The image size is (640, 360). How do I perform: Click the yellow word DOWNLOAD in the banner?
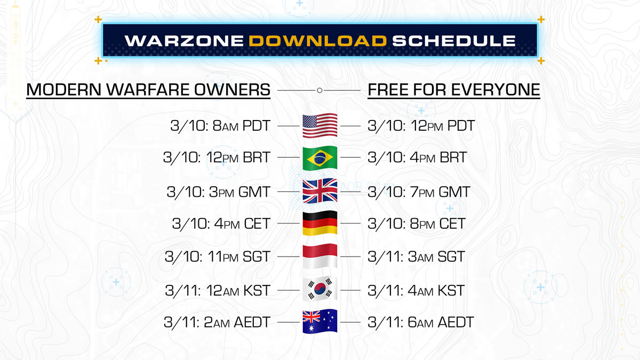tap(318, 41)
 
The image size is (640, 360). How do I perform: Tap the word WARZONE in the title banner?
tap(185, 41)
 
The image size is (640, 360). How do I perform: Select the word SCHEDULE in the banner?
tap(454, 41)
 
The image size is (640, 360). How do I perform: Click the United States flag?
tap(320, 126)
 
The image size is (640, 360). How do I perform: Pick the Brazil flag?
tap(320, 158)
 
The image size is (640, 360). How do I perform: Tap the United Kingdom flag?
tap(320, 191)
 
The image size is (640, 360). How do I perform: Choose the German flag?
tap(320, 223)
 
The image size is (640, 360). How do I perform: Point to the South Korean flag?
tap(320, 289)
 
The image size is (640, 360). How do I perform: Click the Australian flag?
tap(320, 322)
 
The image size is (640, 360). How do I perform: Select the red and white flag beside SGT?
tap(320, 257)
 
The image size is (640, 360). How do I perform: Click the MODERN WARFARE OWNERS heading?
tap(148, 90)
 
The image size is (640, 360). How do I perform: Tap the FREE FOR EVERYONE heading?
tap(454, 90)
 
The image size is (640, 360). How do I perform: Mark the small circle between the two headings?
tap(319, 90)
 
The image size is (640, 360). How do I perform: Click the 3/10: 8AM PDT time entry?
tap(220, 126)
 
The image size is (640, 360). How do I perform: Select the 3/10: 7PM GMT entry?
tap(419, 192)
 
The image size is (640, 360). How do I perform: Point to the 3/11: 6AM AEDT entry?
tap(421, 322)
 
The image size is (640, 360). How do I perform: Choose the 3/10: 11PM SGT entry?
tap(218, 257)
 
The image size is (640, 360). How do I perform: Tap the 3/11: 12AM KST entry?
tap(218, 291)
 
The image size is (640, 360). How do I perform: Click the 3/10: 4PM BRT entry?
tap(417, 157)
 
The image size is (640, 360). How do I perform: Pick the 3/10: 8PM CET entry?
tap(417, 223)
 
